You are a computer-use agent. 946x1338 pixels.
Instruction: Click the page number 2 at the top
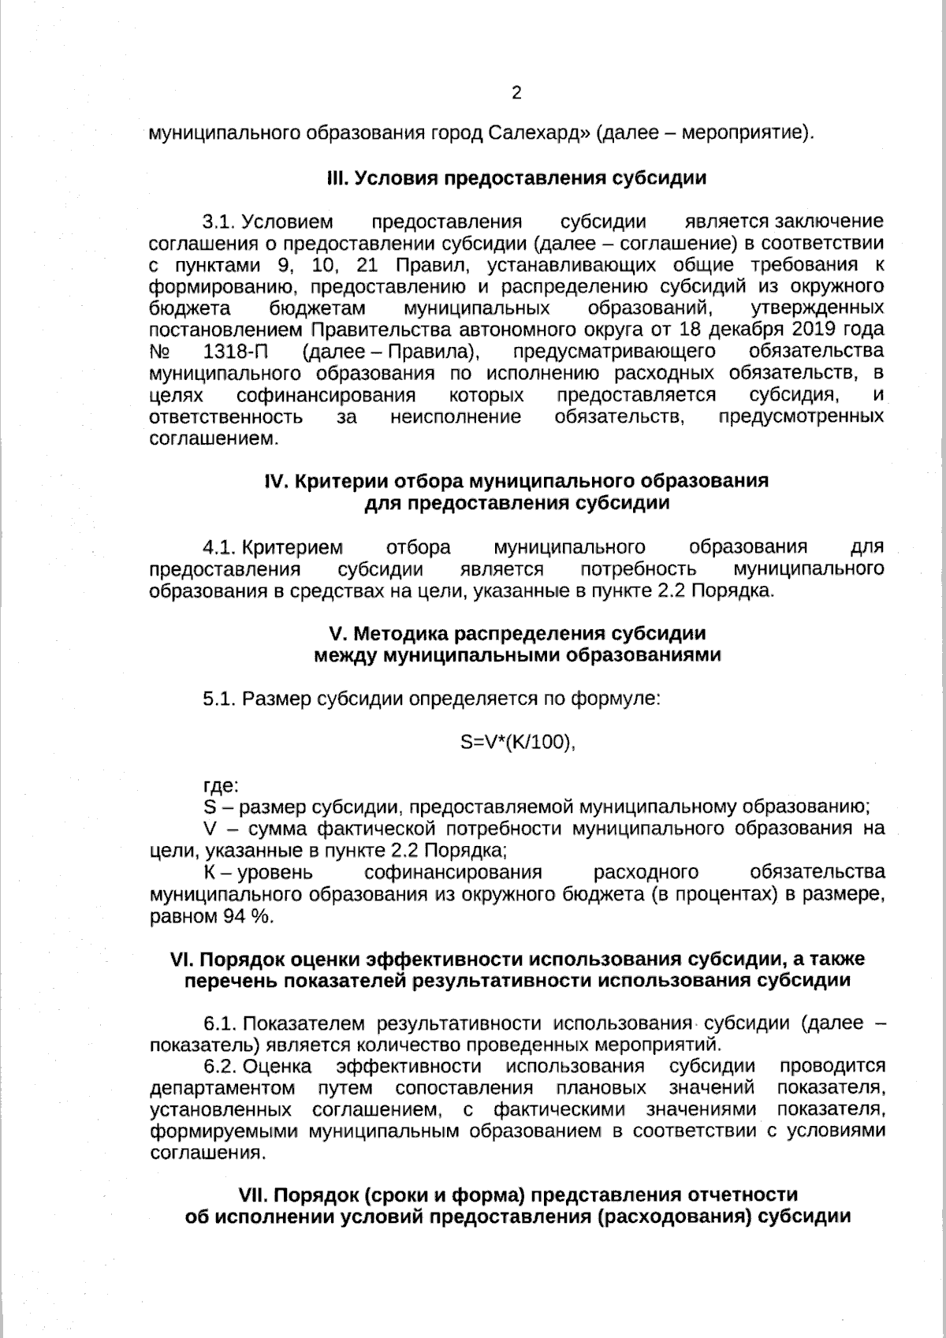coord(516,94)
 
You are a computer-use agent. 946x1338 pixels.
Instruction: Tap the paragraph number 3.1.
coord(219,222)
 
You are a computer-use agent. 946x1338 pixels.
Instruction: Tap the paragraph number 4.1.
coord(219,547)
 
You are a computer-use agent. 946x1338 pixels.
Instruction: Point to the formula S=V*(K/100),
coord(517,742)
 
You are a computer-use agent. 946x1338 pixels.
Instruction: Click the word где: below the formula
coord(221,785)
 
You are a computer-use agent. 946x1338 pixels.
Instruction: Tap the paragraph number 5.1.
coord(219,699)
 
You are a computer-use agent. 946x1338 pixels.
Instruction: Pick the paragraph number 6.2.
coord(220,1067)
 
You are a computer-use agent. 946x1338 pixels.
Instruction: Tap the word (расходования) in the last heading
coord(673,1216)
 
